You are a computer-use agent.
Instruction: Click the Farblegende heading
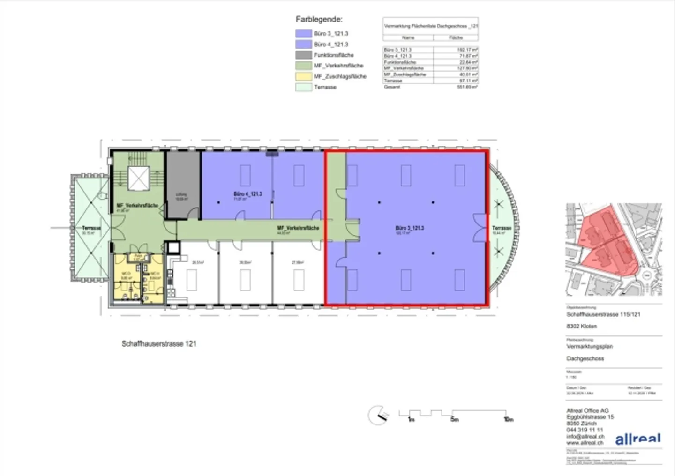pyautogui.click(x=319, y=20)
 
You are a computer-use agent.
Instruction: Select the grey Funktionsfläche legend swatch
pyautogui.click(x=304, y=55)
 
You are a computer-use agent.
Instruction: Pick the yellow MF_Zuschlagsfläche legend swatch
pyautogui.click(x=304, y=76)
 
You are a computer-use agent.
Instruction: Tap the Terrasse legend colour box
pyautogui.click(x=304, y=87)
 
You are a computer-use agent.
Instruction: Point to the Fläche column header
pyautogui.click(x=456, y=37)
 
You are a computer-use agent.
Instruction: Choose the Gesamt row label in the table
pyautogui.click(x=392, y=87)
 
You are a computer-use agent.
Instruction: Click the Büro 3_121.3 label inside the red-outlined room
pyautogui.click(x=409, y=228)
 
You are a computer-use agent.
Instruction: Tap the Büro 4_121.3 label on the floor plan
pyautogui.click(x=247, y=194)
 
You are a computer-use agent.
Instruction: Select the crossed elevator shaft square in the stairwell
pyautogui.click(x=139, y=178)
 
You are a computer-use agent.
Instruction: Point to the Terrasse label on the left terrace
pyautogui.click(x=91, y=228)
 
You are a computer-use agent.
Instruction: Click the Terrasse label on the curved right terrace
pyautogui.click(x=501, y=228)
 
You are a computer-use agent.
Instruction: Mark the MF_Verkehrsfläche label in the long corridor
pyautogui.click(x=298, y=228)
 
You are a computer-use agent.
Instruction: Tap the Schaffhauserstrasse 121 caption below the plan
pyautogui.click(x=159, y=344)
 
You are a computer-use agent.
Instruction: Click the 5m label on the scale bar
pyautogui.click(x=454, y=419)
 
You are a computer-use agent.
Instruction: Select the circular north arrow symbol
pyautogui.click(x=377, y=415)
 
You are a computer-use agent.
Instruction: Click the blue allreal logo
pyautogui.click(x=637, y=439)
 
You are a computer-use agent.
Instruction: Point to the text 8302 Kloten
pyautogui.click(x=582, y=327)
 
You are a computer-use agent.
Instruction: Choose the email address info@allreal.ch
pyautogui.click(x=585, y=436)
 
